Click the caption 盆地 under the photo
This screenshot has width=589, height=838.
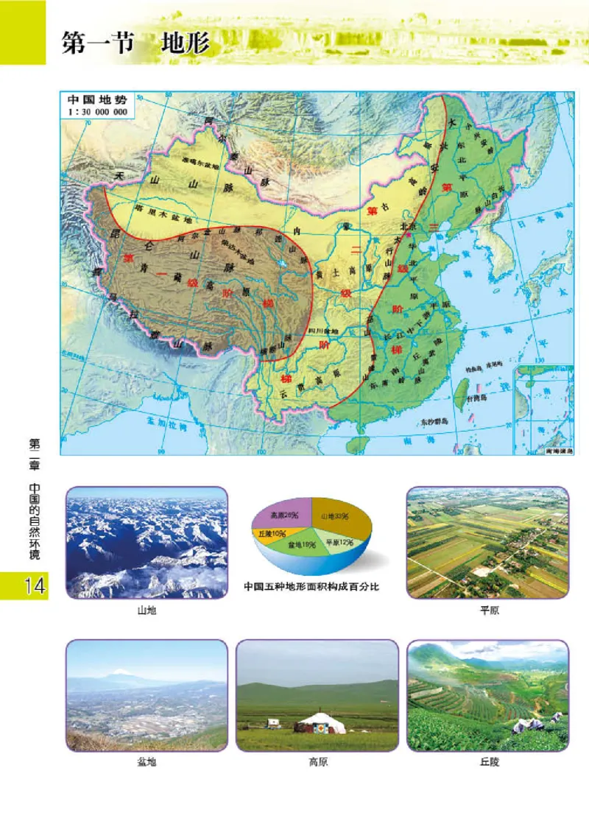tap(147, 762)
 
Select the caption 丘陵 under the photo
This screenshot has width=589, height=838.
tap(489, 762)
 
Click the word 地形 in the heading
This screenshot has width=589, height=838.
tap(185, 43)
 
